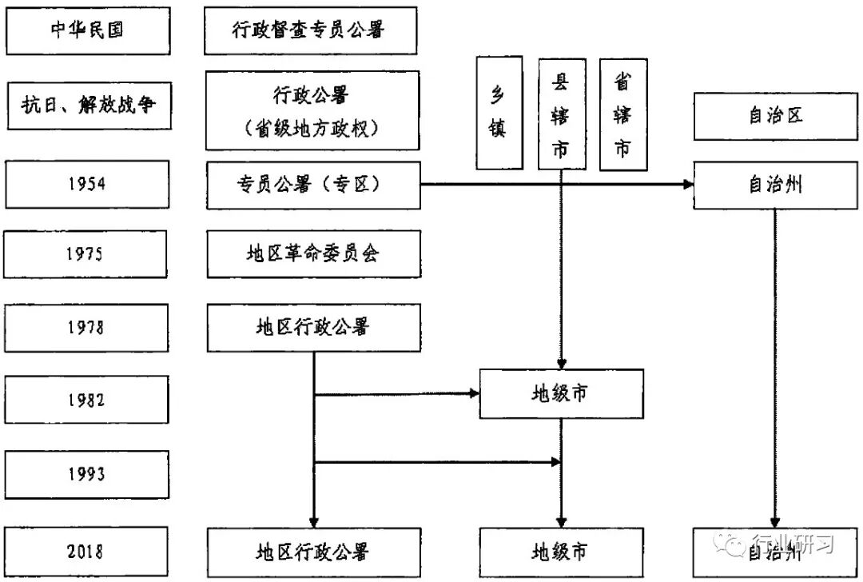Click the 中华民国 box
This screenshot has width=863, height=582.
click(87, 30)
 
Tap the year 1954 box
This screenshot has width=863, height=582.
click(86, 184)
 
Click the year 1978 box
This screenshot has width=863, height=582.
click(86, 327)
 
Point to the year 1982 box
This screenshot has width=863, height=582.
click(86, 399)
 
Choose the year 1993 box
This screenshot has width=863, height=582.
click(86, 474)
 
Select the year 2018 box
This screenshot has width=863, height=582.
click(86, 551)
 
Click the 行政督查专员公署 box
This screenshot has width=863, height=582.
click(311, 30)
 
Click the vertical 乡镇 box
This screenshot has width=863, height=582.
click(499, 112)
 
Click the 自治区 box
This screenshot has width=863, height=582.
click(774, 116)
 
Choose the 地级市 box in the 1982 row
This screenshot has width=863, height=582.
click(561, 393)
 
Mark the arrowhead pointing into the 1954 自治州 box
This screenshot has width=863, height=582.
click(687, 185)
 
